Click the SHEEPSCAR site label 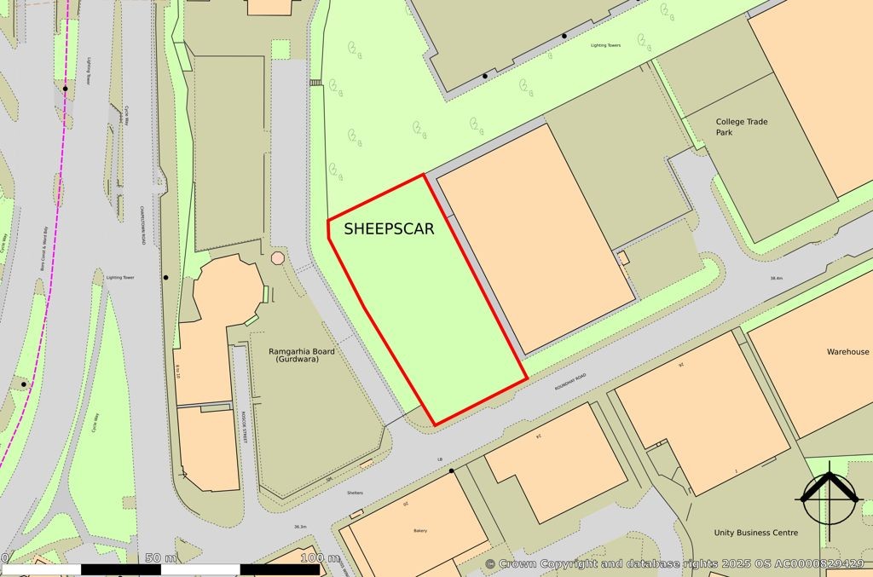tap(389, 229)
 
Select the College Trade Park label tap(741, 127)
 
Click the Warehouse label tap(847, 352)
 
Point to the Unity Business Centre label tap(755, 533)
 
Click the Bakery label tap(419, 531)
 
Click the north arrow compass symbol tap(828, 495)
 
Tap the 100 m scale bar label tap(321, 557)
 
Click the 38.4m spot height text tap(776, 279)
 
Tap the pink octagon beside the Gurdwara tap(277, 258)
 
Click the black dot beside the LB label tap(452, 470)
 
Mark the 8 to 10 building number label tap(177, 371)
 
